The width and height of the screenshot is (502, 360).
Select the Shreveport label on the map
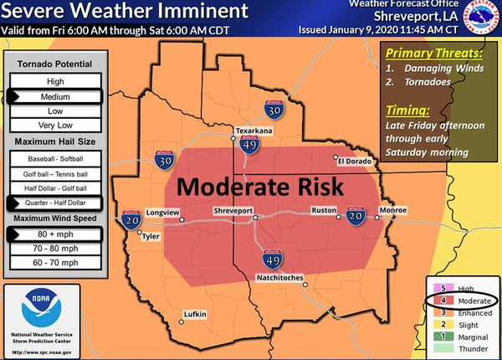pyautogui.click(x=234, y=210)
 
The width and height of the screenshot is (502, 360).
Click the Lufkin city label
pyautogui.click(x=193, y=315)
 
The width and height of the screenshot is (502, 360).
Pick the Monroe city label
pyautogui.click(x=394, y=209)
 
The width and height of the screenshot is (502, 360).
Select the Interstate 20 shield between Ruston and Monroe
pyautogui.click(x=356, y=215)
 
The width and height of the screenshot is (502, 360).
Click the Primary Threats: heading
pyautogui.click(x=428, y=52)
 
